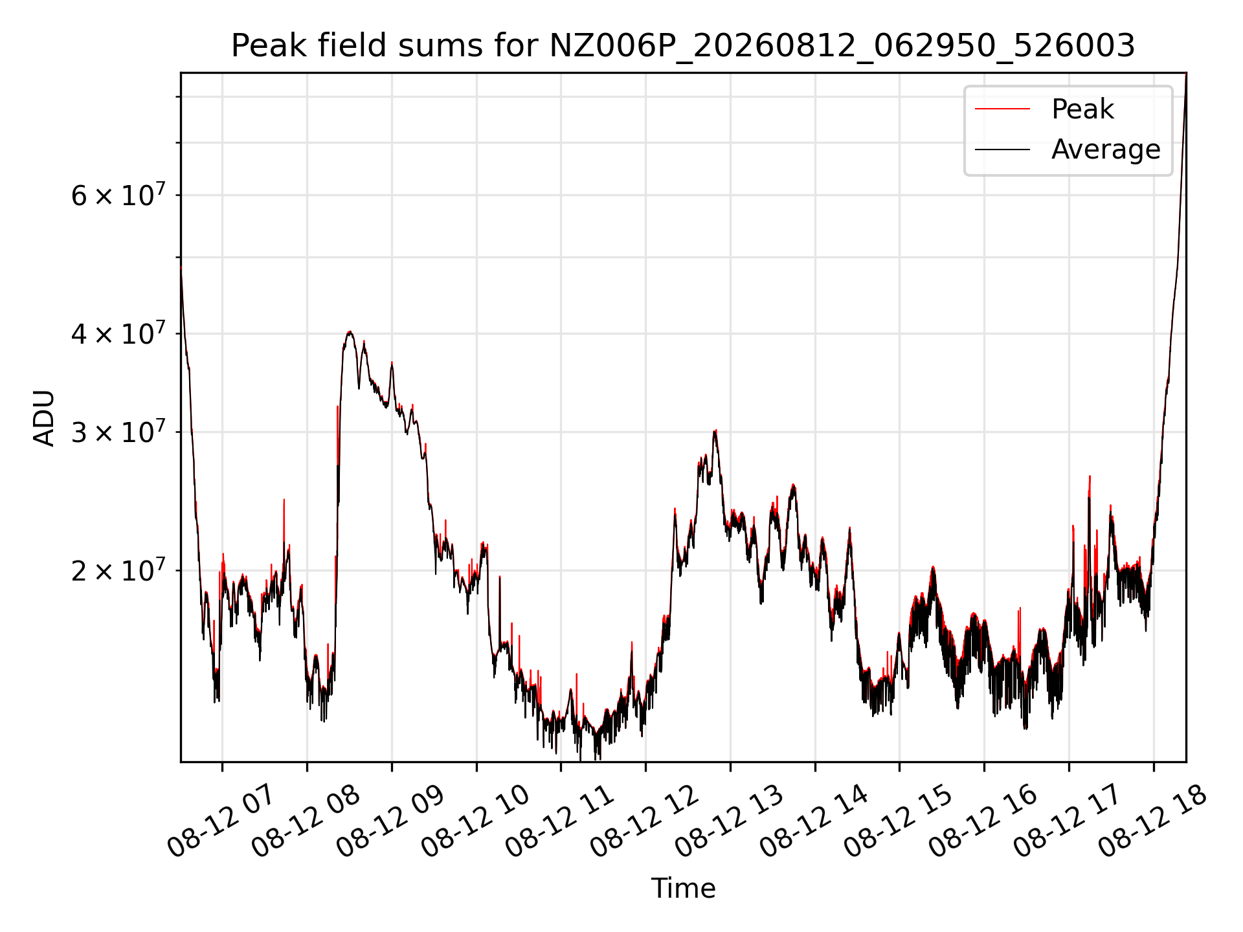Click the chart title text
pos(683,46)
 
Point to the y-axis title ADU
pos(44,417)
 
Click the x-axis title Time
pos(683,888)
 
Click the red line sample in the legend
pos(1002,109)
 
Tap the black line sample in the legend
pos(1002,150)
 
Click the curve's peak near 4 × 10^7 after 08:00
pos(350,332)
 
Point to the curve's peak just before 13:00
pos(715,431)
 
